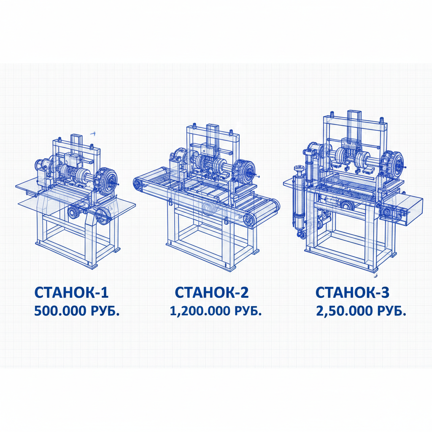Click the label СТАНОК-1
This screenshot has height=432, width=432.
pos(71,292)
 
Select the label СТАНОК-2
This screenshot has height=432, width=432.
pos(212,292)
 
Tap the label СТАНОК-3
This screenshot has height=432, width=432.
pos(352,292)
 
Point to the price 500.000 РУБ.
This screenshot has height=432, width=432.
pos(77,311)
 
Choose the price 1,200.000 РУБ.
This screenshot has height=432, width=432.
pos(216,311)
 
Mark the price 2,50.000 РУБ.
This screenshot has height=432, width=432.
pos(361,311)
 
